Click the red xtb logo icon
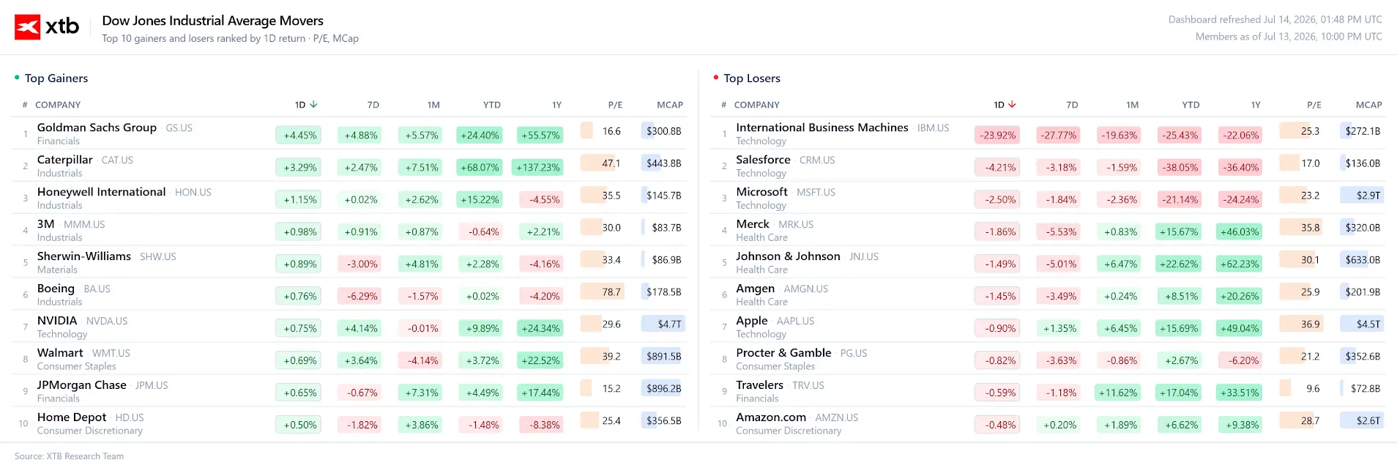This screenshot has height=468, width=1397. pyautogui.click(x=28, y=27)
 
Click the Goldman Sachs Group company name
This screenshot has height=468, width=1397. pyautogui.click(x=97, y=127)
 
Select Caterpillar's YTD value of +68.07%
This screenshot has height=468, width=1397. pyautogui.click(x=480, y=167)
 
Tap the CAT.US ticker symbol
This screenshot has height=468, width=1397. pyautogui.click(x=117, y=160)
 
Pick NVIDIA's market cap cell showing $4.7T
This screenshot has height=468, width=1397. pyautogui.click(x=663, y=324)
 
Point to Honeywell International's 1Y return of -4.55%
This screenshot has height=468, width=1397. pyautogui.click(x=540, y=199)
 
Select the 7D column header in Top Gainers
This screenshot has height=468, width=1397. pyautogui.click(x=373, y=105)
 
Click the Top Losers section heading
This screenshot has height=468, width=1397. pyautogui.click(x=752, y=78)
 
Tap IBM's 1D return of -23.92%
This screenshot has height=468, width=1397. pyautogui.click(x=998, y=135)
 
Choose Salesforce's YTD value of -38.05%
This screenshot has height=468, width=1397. pyautogui.click(x=1180, y=167)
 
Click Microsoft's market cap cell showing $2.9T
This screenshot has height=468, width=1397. pyautogui.click(x=1362, y=196)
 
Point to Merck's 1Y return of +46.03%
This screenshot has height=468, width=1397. pyautogui.click(x=1240, y=231)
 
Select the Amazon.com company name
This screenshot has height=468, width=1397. pyautogui.click(x=771, y=417)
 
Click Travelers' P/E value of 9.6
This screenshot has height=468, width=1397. pyautogui.click(x=1313, y=389)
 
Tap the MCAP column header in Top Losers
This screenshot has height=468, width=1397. pyautogui.click(x=1368, y=105)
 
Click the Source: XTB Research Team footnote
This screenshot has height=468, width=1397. pyautogui.click(x=70, y=456)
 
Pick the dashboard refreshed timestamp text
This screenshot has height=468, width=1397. pyautogui.click(x=1275, y=20)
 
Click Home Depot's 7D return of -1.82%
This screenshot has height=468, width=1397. pyautogui.click(x=362, y=425)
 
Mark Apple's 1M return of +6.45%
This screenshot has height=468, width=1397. pyautogui.click(x=1121, y=328)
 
